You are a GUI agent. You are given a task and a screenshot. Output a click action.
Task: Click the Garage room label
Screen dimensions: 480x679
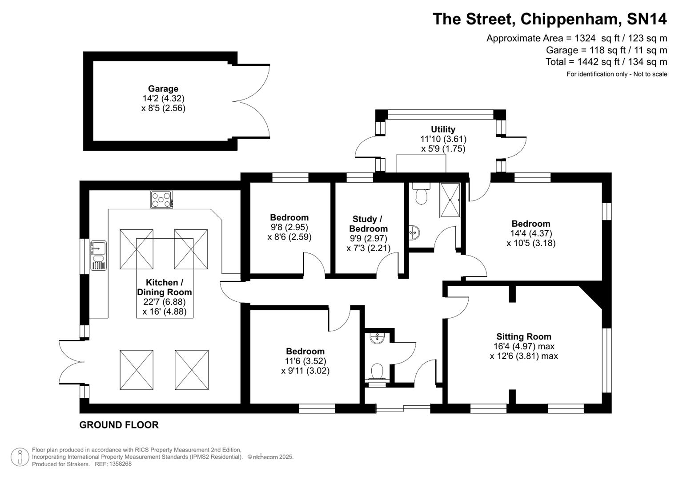(x=163, y=89)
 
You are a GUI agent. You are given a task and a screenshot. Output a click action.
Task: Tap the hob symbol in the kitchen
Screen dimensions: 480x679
(x=161, y=199)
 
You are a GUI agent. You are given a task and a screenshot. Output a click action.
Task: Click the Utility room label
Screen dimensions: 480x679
(x=443, y=129)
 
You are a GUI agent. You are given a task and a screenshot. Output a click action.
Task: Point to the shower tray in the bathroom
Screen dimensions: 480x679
(x=450, y=200)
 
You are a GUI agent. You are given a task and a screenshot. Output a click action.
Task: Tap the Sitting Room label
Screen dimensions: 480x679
(x=523, y=336)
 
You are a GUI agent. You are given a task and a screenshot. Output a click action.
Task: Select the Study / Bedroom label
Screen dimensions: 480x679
(x=368, y=224)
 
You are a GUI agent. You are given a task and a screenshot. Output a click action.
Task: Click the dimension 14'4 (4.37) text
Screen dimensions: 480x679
(x=530, y=233)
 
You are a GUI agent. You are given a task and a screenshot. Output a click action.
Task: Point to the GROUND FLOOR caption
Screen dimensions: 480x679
(x=119, y=425)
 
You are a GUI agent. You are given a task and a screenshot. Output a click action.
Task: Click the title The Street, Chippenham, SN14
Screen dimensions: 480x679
(x=550, y=19)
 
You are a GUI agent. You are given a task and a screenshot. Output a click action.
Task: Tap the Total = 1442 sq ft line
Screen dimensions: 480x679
(x=606, y=62)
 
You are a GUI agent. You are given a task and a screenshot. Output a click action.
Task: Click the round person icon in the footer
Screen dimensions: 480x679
(x=20, y=457)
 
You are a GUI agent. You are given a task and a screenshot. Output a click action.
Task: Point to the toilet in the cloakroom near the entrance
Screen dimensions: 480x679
(x=377, y=372)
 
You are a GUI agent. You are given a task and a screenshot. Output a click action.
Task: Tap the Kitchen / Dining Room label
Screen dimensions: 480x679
(x=164, y=287)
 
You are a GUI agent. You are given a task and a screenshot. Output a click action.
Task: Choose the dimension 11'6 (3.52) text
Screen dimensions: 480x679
(x=305, y=361)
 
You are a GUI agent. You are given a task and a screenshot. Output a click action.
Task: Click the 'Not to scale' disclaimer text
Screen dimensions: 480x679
(x=650, y=74)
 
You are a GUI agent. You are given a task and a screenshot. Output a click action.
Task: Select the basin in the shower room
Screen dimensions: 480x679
(x=414, y=232)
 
